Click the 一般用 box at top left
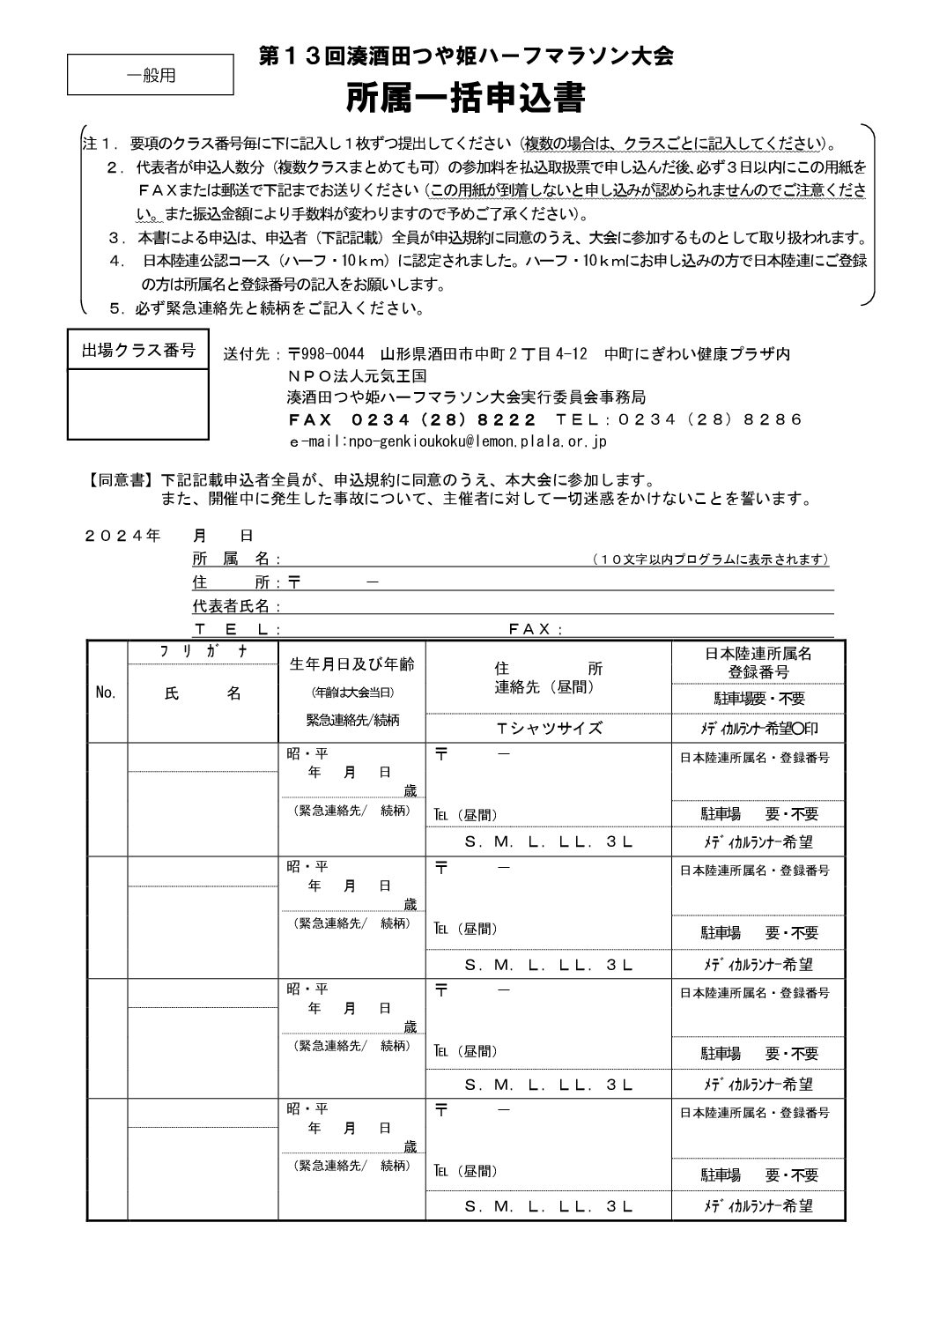coord(151,76)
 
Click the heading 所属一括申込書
coord(466,99)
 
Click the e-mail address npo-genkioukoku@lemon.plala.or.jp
coord(448,441)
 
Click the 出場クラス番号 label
coord(138,352)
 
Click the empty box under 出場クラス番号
coord(138,404)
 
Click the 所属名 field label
coord(232,559)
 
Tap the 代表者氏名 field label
coord(236,606)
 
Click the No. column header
coord(106,693)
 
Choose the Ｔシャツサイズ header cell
coord(549,728)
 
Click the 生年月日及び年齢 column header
coord(351,664)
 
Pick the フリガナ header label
coord(203,651)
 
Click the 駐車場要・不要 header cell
coord(758,699)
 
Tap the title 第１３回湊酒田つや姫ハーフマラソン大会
coord(466,57)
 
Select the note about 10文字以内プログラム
coord(710,559)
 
